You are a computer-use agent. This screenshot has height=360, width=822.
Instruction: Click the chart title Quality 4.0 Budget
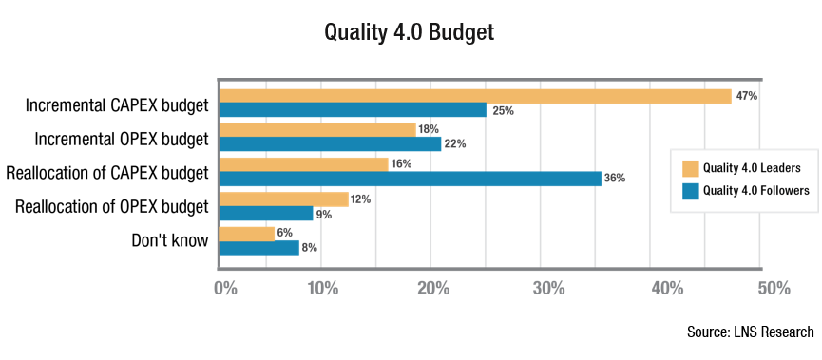click(x=410, y=31)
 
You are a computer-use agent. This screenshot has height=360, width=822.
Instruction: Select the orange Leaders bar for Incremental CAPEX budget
click(x=475, y=96)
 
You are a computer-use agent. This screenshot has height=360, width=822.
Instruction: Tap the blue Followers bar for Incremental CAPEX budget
click(x=353, y=110)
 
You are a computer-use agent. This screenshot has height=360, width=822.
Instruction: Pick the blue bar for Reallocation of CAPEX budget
click(x=411, y=179)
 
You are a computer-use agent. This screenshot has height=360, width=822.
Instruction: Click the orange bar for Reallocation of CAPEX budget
click(x=304, y=164)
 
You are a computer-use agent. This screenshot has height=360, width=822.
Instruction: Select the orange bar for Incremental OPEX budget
click(x=317, y=130)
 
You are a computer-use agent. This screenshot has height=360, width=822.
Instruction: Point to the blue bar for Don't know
click(x=259, y=247)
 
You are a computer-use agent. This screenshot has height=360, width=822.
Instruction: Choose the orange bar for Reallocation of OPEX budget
click(x=284, y=199)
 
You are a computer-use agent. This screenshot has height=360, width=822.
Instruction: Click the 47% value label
click(x=746, y=96)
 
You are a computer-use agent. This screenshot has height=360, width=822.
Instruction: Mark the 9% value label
click(x=324, y=214)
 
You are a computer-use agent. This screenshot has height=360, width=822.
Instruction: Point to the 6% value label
click(x=285, y=233)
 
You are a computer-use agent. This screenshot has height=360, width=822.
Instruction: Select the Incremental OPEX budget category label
click(x=121, y=139)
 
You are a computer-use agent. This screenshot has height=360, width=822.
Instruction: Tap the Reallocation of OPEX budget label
click(x=111, y=206)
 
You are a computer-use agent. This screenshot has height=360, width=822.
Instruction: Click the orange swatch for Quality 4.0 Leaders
click(x=691, y=168)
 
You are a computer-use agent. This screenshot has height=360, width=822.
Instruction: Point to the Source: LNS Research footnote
click(x=750, y=332)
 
